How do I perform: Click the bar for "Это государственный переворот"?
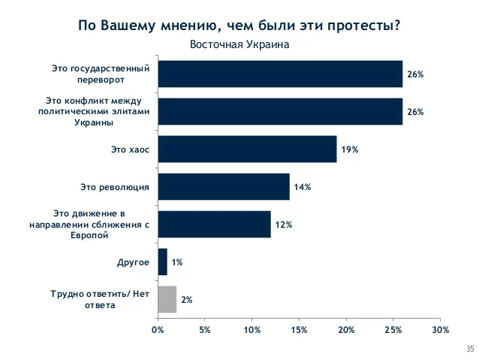279,74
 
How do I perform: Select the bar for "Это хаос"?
247,149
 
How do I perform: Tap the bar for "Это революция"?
223,186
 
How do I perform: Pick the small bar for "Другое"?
162,262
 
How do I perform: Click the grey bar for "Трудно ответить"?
167,299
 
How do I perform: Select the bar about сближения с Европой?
214,224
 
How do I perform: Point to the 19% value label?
349,150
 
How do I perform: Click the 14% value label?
302,187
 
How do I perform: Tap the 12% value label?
283,225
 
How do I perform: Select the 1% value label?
177,262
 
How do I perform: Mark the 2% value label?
187,300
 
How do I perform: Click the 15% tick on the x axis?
299,329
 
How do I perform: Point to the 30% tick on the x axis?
440,329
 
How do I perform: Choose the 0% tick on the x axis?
158,329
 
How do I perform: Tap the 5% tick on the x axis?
204,329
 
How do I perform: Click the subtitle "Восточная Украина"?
239,44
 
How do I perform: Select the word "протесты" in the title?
361,26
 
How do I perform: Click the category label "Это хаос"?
131,150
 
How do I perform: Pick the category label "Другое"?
133,262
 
